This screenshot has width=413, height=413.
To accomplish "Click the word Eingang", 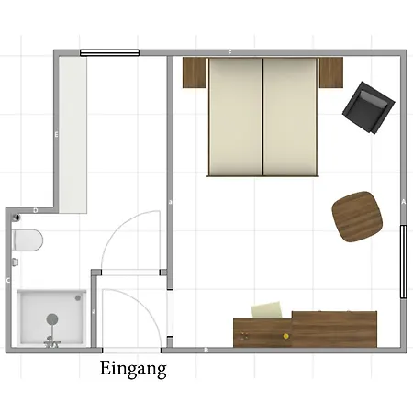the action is pyautogui.click(x=133, y=369).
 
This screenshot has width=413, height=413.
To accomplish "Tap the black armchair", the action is pyautogui.click(x=369, y=107).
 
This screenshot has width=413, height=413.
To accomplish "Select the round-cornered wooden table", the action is pyautogui.click(x=357, y=217).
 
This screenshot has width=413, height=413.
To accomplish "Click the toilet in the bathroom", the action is pyautogui.click(x=28, y=240).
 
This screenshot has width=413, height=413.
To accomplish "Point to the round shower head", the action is pyautogui.click(x=52, y=319).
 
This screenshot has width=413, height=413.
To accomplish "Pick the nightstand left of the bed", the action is pyautogui.click(x=195, y=73).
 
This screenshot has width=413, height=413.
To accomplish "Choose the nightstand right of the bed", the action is pyautogui.click(x=331, y=73).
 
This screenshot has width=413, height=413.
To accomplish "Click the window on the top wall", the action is pyautogui.click(x=109, y=53).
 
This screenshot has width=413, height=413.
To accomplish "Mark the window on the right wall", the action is pyautogui.click(x=404, y=262).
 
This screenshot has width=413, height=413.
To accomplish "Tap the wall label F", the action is pyautogui.click(x=229, y=53).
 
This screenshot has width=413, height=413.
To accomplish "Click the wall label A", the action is pyautogui.click(x=404, y=202).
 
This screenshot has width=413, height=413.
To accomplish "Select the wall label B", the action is pyautogui.click(x=206, y=351).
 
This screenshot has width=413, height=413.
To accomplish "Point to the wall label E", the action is pyautogui.click(x=56, y=134).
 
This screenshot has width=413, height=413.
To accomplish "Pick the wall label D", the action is pyautogui.click(x=36, y=210).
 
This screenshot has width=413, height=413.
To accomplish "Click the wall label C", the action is pyautogui.click(x=8, y=281).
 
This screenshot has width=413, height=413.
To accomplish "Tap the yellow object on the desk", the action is pyautogui.click(x=285, y=336).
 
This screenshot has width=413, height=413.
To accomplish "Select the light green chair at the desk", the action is pyautogui.click(x=267, y=310).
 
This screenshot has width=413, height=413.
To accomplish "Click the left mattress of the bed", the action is pyautogui.click(x=236, y=117).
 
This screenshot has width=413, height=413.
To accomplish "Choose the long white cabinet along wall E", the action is pyautogui.click(x=73, y=135).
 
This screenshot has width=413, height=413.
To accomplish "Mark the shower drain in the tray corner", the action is pyautogui.click(x=78, y=297).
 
